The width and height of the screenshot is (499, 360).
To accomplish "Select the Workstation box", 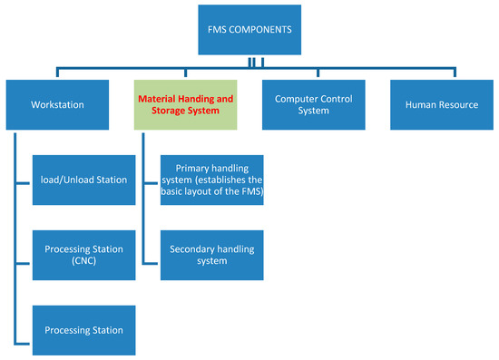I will pyautogui.click(x=57, y=104).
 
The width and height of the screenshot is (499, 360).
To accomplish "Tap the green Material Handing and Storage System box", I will pyautogui.click(x=186, y=104).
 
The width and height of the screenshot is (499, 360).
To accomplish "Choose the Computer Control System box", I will pyautogui.click(x=314, y=104).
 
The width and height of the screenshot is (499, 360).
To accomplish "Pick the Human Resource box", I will pyautogui.click(x=442, y=104).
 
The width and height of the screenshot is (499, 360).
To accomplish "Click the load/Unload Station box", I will pyautogui.click(x=83, y=180).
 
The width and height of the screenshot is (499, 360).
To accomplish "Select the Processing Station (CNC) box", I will pyautogui.click(x=83, y=255).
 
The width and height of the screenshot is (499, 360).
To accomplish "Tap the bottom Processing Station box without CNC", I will pyautogui.click(x=83, y=330).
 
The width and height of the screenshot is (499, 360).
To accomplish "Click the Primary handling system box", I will pyautogui.click(x=211, y=180).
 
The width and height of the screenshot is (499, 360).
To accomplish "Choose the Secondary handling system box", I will pyautogui.click(x=211, y=255).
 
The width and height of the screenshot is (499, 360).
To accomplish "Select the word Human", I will pyautogui.click(x=421, y=104).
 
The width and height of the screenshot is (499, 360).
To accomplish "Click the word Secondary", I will pyautogui.click(x=193, y=248).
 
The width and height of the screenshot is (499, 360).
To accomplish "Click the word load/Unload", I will pyautogui.click(x=64, y=180).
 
